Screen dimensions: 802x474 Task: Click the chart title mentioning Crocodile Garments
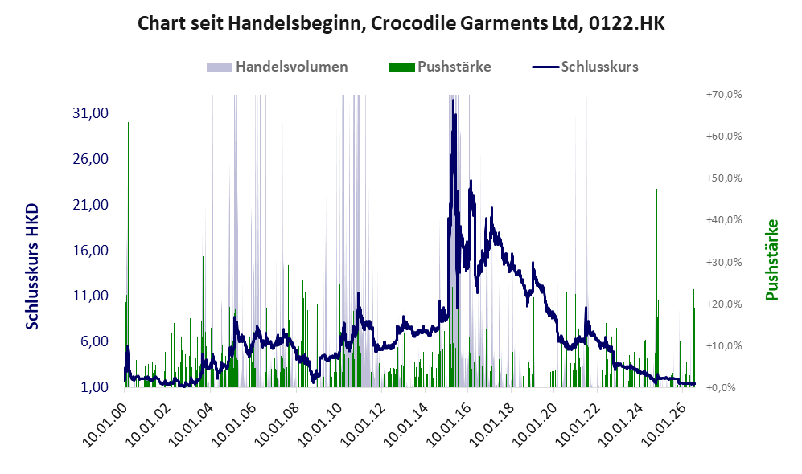(x=401, y=23)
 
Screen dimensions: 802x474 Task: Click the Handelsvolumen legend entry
(x=278, y=67)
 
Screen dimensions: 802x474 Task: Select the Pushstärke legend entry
(x=440, y=67)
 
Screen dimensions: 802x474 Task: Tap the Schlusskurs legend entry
(x=585, y=67)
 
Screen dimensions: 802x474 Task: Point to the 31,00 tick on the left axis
(x=91, y=113)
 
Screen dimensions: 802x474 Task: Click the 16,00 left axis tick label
(x=91, y=251)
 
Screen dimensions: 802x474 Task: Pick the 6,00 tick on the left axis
(x=95, y=341)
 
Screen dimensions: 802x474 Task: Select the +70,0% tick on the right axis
(x=724, y=95)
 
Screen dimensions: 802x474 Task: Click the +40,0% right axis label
(x=724, y=219)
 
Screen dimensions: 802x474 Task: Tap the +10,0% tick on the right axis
(x=724, y=345)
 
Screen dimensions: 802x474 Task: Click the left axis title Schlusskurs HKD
(x=31, y=267)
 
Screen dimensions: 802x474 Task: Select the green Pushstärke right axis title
(x=771, y=259)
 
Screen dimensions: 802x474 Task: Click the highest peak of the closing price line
(x=453, y=100)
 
